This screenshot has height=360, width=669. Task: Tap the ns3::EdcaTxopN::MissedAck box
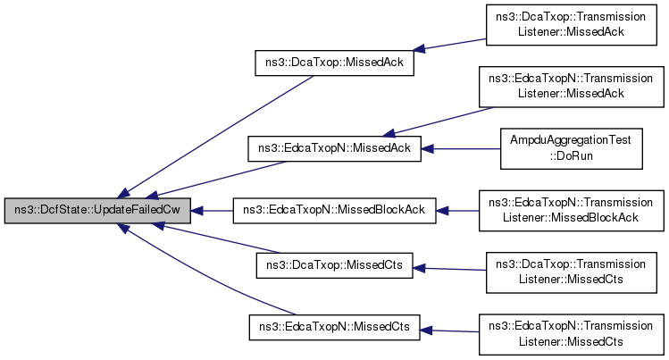[334, 148]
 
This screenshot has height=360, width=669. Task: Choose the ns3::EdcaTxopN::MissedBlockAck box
[334, 212]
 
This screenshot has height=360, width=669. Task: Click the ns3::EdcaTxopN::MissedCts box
[334, 328]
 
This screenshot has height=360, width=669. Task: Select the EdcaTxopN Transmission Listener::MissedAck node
[571, 86]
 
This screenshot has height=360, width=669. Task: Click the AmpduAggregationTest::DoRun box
[571, 148]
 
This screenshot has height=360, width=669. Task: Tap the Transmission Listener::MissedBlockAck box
[571, 212]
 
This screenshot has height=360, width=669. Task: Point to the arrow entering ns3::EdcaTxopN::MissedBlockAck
[458, 212]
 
